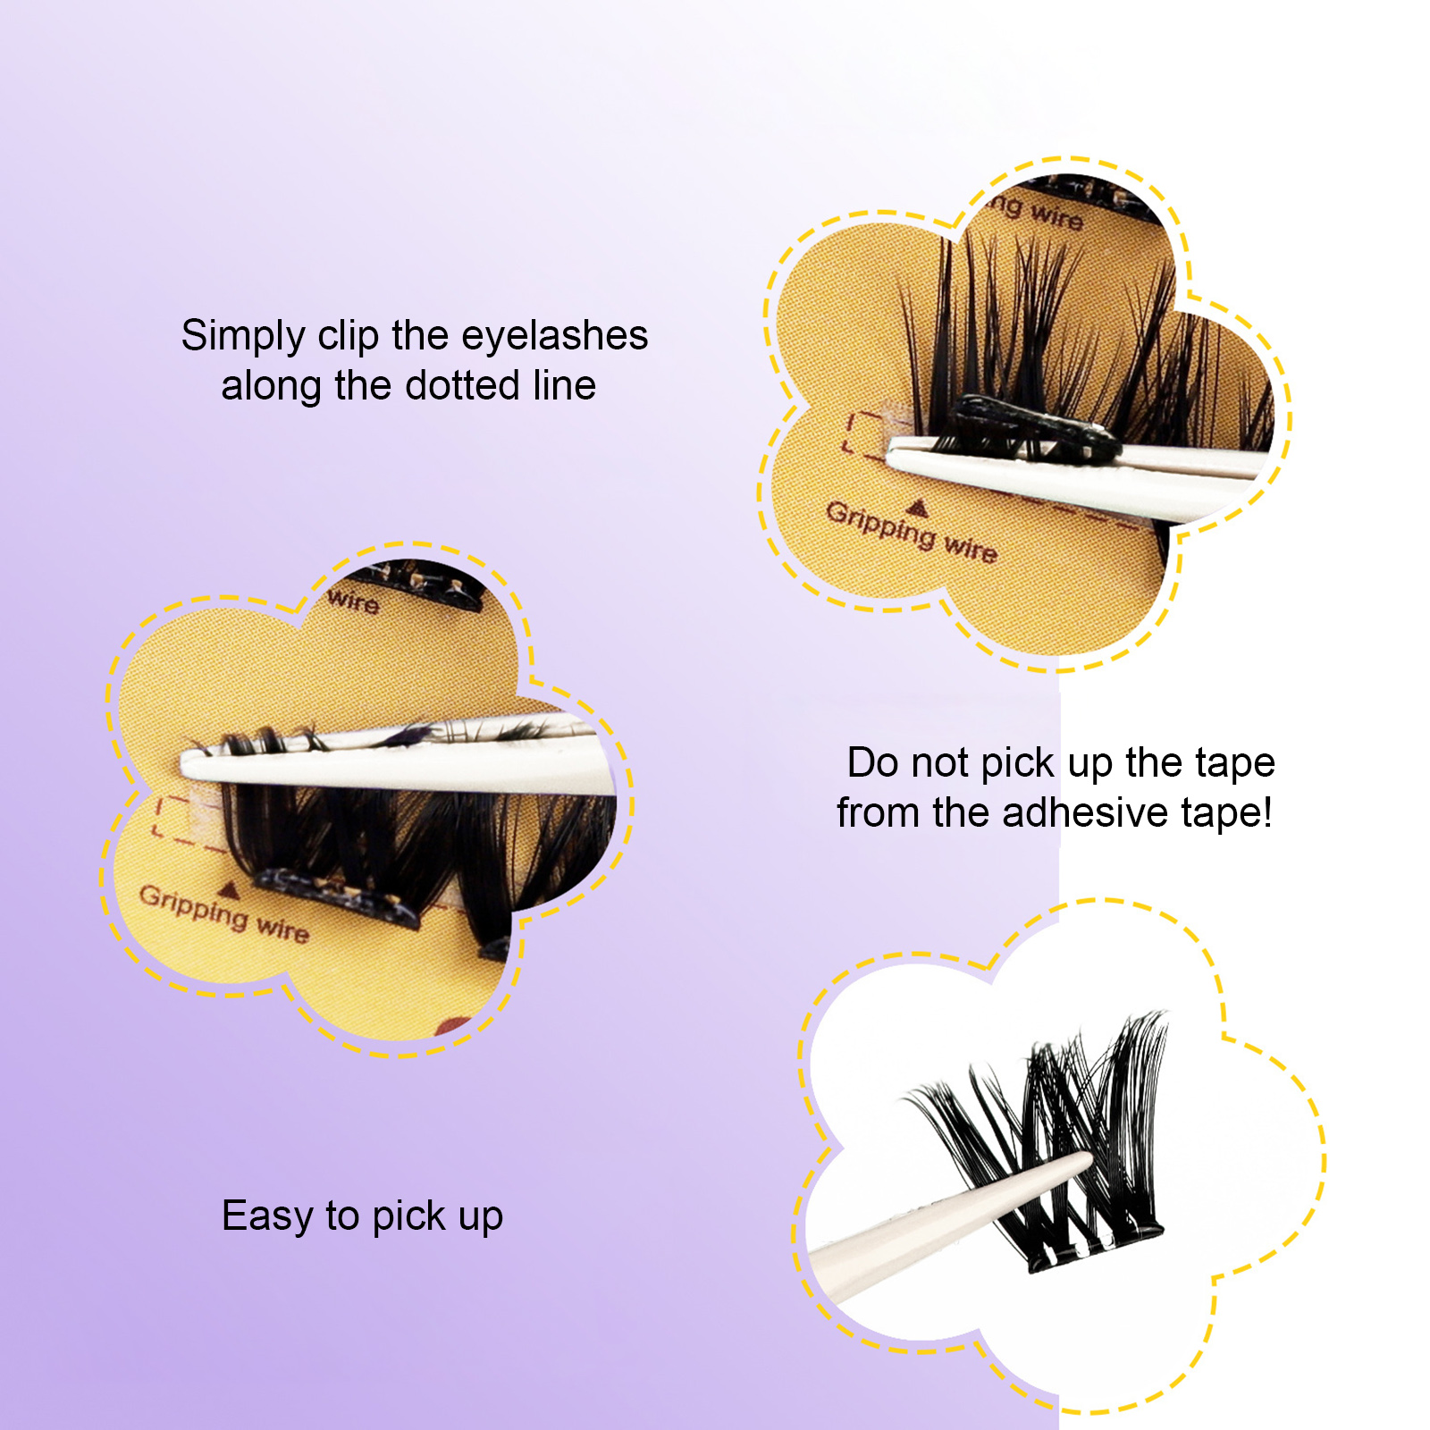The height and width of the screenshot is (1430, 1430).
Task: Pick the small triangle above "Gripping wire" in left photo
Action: coord(229,889)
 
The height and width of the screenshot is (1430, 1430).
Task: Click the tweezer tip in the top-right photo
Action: coord(892,458)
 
